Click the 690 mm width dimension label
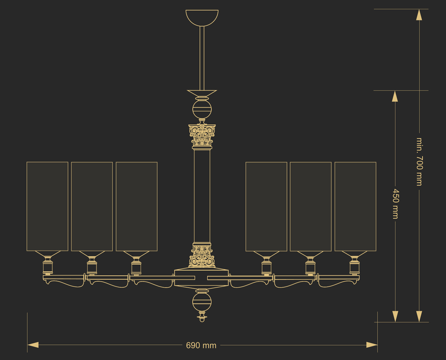201,345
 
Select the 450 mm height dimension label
396,204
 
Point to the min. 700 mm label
420,162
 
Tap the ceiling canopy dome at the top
202,18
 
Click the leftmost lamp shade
47,207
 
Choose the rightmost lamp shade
355,207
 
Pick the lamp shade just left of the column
136,207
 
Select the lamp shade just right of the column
266,207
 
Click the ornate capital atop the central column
202,136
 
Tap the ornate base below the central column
202,255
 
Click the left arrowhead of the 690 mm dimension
33,345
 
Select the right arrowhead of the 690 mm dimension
372,345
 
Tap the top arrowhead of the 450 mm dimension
395,96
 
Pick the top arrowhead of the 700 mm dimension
419,15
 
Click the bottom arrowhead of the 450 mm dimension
395,316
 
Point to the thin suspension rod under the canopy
202,58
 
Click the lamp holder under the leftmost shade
48,263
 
